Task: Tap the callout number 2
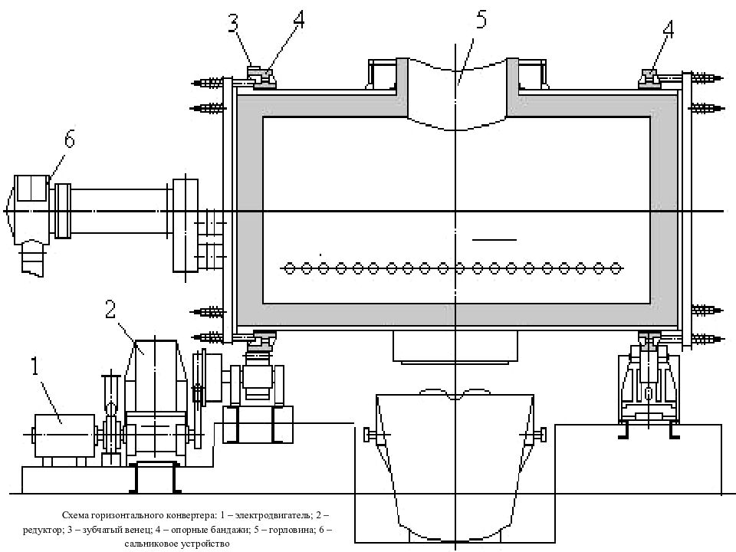pyautogui.click(x=110, y=309)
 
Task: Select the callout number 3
pyautogui.click(x=233, y=24)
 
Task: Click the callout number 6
pyautogui.click(x=69, y=139)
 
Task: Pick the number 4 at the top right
pyautogui.click(x=668, y=30)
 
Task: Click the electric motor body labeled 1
pyautogui.click(x=64, y=435)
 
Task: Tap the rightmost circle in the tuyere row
pyautogui.click(x=616, y=268)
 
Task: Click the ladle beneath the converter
pyautogui.click(x=455, y=465)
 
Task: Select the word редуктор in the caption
pyautogui.click(x=41, y=530)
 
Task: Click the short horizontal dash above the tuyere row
pyautogui.click(x=495, y=240)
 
